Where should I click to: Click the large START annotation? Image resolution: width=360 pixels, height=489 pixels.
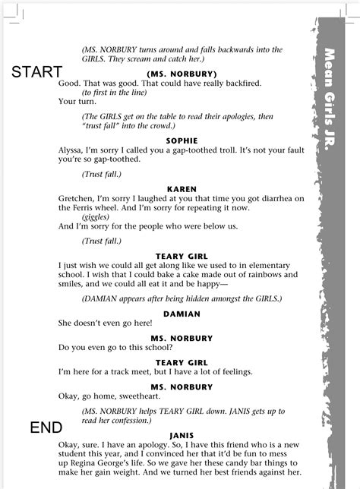[x=36, y=72]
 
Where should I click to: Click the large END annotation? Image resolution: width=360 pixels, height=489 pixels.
[x=46, y=427]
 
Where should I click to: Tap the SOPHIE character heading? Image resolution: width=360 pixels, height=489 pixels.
[x=181, y=140]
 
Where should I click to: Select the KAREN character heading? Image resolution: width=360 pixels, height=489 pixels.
[x=181, y=189]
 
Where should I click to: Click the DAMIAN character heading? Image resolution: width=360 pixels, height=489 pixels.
[x=181, y=313]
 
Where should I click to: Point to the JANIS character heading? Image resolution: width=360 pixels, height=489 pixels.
[x=181, y=437]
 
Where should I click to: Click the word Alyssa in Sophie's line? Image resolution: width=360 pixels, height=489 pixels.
[x=72, y=150]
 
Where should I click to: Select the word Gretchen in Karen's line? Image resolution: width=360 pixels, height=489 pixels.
[x=77, y=199]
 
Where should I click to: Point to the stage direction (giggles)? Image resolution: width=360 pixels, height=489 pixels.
[x=99, y=216]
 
